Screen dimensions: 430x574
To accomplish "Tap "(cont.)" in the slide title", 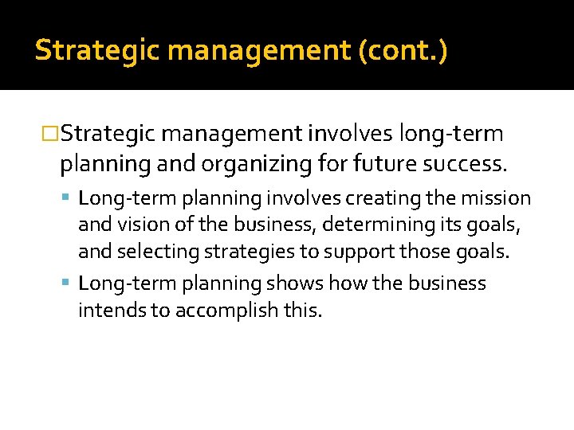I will tap(404, 51).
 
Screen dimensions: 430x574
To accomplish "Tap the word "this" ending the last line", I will tap(303, 311).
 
